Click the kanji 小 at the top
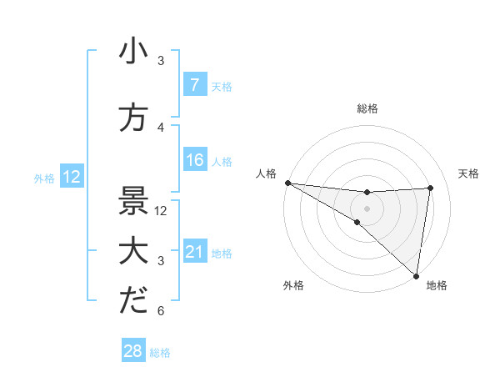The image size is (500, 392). [x=133, y=51]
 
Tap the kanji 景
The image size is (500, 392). [x=133, y=200]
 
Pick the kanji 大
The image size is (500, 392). [x=133, y=251]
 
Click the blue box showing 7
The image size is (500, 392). [x=194, y=85]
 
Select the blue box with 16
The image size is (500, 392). [x=194, y=160]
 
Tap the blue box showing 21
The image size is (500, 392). [x=194, y=252]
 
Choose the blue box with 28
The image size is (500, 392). [x=133, y=352]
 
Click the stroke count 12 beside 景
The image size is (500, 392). [x=162, y=210]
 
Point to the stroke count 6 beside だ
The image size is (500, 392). [x=160, y=311]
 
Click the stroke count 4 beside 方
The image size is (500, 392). [x=160, y=128]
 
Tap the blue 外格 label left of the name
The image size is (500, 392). [x=44, y=178]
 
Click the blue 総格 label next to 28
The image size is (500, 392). [x=160, y=353]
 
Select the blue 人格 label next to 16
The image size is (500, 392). [x=222, y=161]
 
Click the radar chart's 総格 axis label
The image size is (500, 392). [x=367, y=108]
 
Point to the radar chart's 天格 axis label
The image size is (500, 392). [x=469, y=173]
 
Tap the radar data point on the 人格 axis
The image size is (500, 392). [x=287, y=183]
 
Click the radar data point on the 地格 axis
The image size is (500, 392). [x=416, y=275]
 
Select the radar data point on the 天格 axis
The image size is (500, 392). [x=431, y=188]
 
